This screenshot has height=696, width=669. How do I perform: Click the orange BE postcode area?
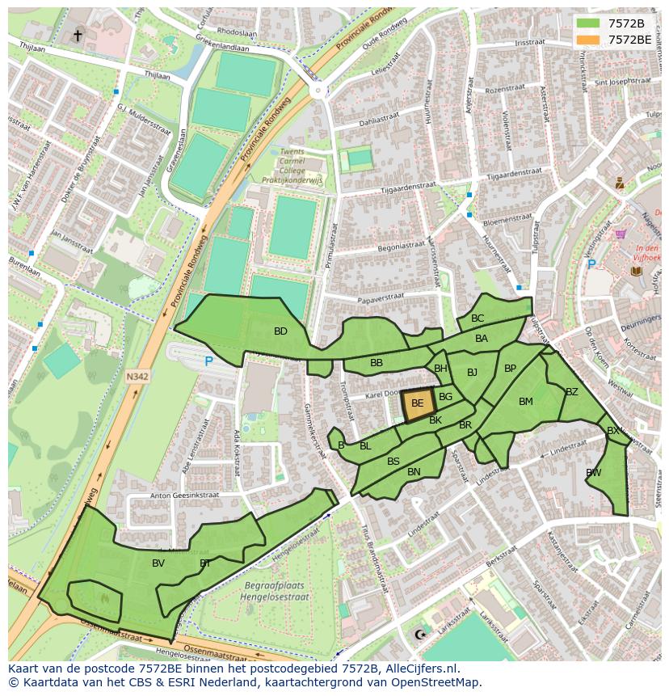click(x=418, y=404)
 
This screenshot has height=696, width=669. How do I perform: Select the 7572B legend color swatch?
click(x=588, y=23)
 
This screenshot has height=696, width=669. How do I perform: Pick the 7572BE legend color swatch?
click(x=588, y=39)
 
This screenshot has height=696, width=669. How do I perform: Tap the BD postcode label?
click(x=280, y=331)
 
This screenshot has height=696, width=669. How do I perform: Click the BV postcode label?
click(x=158, y=563)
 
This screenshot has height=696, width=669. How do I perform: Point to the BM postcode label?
click(x=526, y=402)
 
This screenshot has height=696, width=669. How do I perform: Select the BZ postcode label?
click(x=572, y=392)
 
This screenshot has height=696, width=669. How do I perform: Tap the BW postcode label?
click(x=594, y=472)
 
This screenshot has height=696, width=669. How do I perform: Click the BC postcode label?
click(x=478, y=318)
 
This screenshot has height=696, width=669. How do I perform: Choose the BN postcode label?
click(x=414, y=471)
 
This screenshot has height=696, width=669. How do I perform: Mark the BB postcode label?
click(x=377, y=363)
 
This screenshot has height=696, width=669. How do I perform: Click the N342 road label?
click(x=137, y=375)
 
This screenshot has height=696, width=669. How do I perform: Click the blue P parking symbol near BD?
click(x=208, y=362)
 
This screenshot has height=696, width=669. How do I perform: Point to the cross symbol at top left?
click(x=78, y=35)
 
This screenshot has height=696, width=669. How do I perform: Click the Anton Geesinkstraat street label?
click(x=185, y=496)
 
